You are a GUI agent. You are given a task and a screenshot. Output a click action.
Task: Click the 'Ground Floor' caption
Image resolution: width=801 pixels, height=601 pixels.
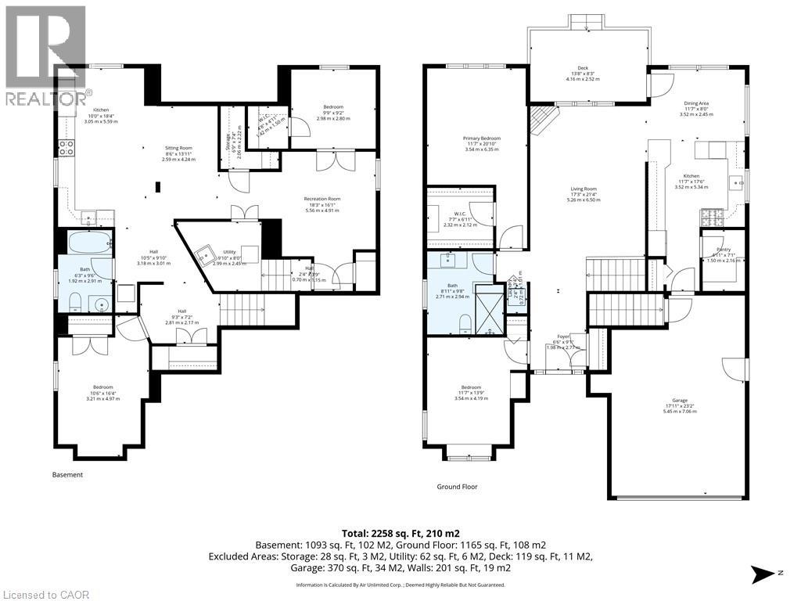coord(457,487)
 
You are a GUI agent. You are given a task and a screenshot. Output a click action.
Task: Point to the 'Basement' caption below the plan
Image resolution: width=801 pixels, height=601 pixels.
coord(67,475)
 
